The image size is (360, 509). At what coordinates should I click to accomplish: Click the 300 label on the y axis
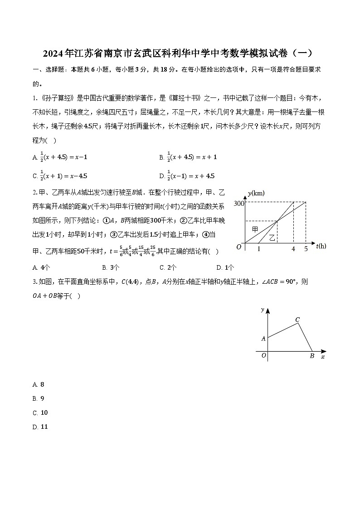pyautogui.click(x=239, y=203)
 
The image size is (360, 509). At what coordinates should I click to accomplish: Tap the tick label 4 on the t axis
pyautogui.click(x=293, y=249)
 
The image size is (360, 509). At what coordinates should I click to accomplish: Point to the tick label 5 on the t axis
pyautogui.click(x=306, y=249)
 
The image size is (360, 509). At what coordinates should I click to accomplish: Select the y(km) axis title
pyautogui.click(x=256, y=193)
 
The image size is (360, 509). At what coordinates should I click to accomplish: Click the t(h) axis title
pyautogui.click(x=321, y=246)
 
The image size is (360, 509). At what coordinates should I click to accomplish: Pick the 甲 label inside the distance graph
pyautogui.click(x=255, y=229)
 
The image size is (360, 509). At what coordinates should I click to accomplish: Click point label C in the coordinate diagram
pyautogui.click(x=297, y=320)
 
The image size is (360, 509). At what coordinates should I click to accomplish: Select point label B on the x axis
pyautogui.click(x=312, y=356)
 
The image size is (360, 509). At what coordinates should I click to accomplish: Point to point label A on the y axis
pyautogui.click(x=263, y=338)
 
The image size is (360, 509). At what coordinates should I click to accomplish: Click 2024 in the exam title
pyautogui.click(x=54, y=53)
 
